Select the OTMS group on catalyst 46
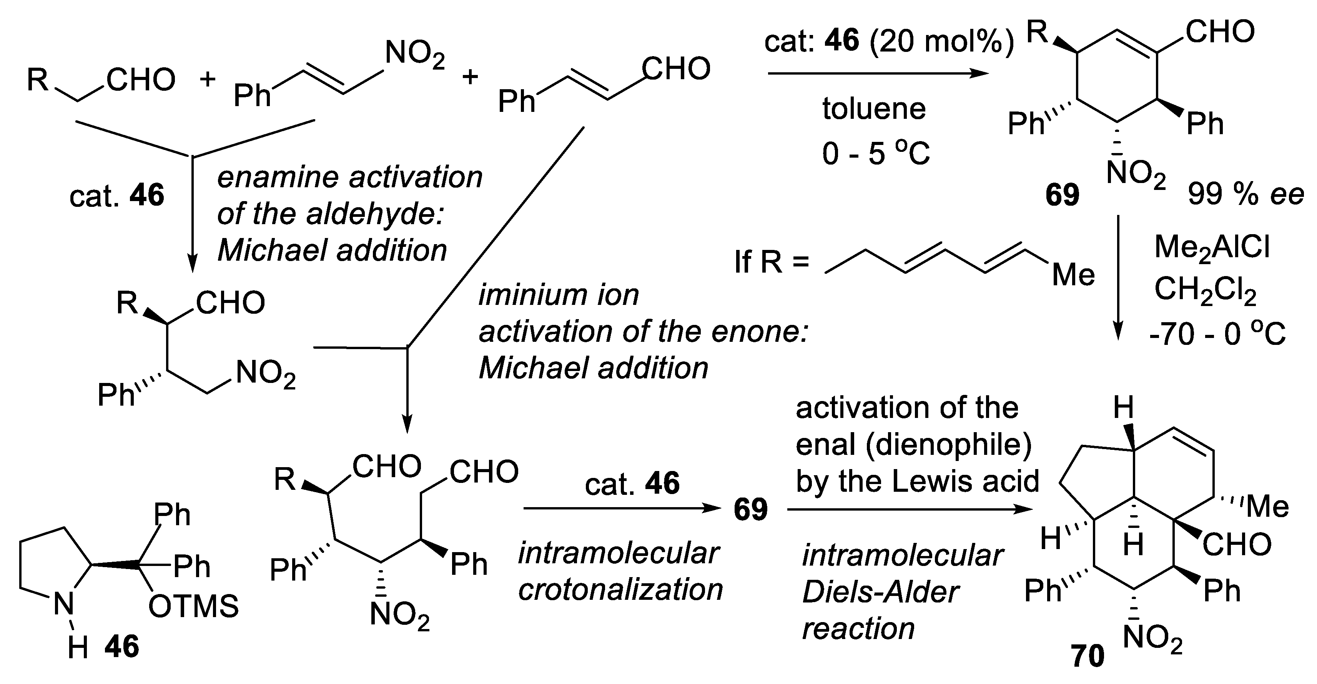[193, 607]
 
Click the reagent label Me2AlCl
[1212, 248]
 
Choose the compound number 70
[1088, 656]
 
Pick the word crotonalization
[620, 590]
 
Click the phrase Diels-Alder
[880, 592]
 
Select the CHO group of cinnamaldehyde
[676, 69]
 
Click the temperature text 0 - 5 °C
[876, 153]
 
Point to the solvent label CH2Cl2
[1205, 291]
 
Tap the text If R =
[772, 263]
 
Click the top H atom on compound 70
[1123, 408]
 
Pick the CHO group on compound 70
[1237, 544]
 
